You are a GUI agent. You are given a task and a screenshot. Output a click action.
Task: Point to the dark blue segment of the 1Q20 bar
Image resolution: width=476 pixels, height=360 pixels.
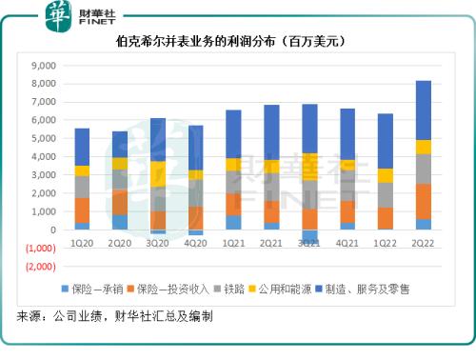click(x=82, y=147)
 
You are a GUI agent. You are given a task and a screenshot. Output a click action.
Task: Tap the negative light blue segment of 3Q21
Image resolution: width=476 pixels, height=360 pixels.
click(x=310, y=238)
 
